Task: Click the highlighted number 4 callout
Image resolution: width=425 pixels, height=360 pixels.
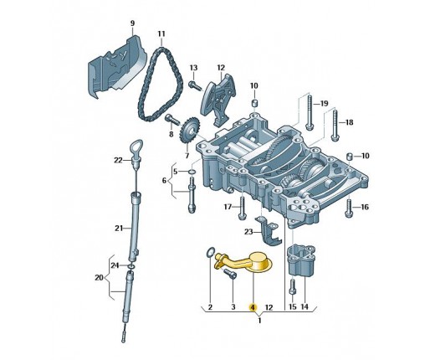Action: [x=253, y=307]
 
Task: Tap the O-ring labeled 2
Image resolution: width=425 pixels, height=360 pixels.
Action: [x=210, y=253]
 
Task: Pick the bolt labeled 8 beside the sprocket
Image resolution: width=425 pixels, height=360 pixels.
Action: [x=172, y=120]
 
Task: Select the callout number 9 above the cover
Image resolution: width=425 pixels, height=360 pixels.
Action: [x=132, y=23]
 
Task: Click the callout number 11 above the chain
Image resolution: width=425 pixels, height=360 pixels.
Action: [x=161, y=33]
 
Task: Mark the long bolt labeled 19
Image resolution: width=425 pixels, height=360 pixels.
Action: [x=309, y=111]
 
